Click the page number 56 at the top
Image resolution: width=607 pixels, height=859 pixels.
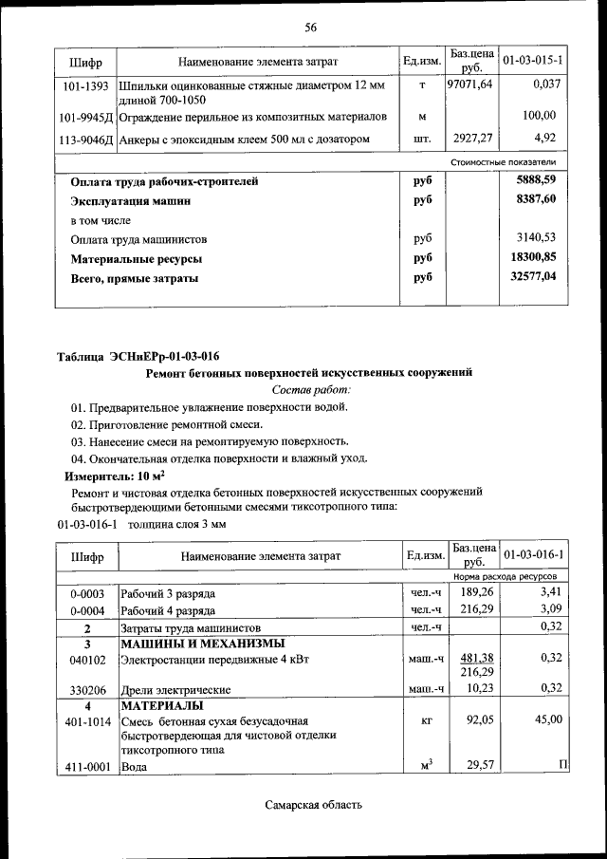pyautogui.click(x=310, y=27)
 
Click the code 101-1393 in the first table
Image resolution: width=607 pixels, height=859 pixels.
pyautogui.click(x=86, y=86)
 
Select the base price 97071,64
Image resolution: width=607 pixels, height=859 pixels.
pyautogui.click(x=470, y=85)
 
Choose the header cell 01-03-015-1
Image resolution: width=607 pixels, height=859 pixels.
pyautogui.click(x=533, y=61)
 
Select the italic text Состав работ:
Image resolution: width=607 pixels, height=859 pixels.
pyautogui.click(x=311, y=389)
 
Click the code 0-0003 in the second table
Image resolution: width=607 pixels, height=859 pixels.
pyautogui.click(x=86, y=593)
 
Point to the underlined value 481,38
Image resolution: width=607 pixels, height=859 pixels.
pyautogui.click(x=476, y=657)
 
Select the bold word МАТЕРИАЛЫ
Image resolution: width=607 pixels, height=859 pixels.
pyautogui.click(x=160, y=706)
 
